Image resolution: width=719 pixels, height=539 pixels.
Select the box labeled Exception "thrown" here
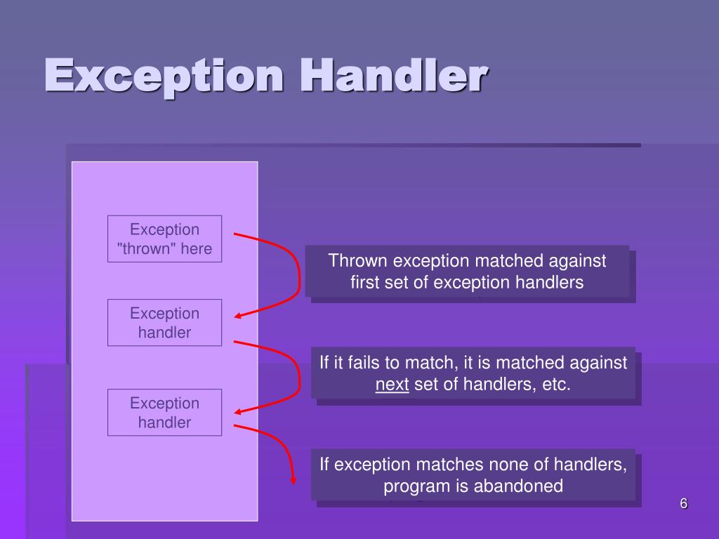click(164, 239)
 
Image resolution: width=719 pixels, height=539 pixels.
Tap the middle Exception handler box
click(164, 323)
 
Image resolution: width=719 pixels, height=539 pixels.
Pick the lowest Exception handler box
click(164, 412)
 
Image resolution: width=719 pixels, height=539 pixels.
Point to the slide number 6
click(683, 503)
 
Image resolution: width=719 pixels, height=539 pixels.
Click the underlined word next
click(392, 385)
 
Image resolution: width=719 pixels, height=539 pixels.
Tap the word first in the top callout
click(364, 282)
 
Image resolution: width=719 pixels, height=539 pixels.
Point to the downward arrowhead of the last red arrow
click(293, 481)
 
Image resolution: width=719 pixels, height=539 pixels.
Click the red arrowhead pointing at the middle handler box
click(238, 316)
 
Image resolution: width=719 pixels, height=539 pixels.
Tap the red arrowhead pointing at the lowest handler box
click(238, 412)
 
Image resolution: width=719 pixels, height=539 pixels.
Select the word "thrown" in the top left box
click(144, 248)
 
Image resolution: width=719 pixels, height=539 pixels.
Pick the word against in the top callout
click(575, 261)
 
